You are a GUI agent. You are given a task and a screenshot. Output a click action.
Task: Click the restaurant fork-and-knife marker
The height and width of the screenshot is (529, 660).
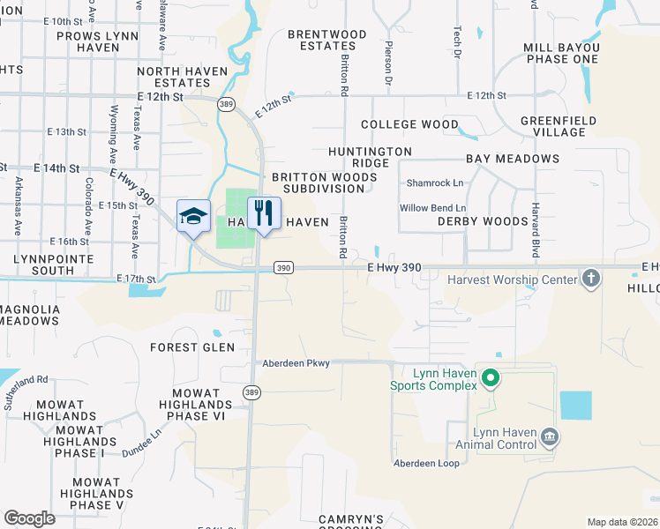[x=264, y=213]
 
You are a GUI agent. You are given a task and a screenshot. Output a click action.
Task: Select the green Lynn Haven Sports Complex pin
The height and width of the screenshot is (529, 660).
[x=492, y=379]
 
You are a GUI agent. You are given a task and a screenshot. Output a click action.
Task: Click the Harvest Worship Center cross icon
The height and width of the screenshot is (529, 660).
[x=591, y=279]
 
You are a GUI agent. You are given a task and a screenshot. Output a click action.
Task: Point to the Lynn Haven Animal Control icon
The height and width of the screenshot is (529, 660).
[x=549, y=436]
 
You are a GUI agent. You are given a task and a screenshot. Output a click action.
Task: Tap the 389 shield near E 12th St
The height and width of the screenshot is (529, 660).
[x=227, y=103]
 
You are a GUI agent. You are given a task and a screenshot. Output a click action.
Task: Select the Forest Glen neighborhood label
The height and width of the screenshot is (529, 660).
[x=192, y=347]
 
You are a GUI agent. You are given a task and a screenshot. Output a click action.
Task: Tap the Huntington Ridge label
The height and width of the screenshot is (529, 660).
[x=371, y=158]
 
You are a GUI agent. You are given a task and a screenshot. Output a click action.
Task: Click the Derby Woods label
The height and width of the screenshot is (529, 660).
[x=483, y=221]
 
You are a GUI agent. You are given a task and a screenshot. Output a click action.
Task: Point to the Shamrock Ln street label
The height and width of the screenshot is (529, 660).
[x=434, y=183]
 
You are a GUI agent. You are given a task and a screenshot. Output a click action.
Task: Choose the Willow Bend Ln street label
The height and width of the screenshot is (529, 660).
[x=432, y=208]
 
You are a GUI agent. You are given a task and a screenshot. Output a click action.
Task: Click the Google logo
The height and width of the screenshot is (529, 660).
[x=29, y=518]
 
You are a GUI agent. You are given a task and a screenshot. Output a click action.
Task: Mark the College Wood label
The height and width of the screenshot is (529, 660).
[x=409, y=125]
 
